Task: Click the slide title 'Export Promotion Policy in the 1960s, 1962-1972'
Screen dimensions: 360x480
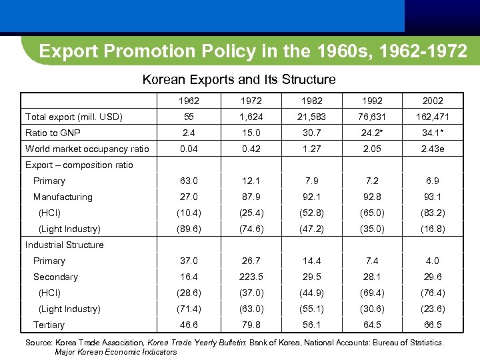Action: pos(253,51)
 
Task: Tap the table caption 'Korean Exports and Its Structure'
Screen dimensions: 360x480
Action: pos(239,80)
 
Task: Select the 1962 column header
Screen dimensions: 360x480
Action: pos(191,101)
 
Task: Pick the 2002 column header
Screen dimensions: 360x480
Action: pos(433,101)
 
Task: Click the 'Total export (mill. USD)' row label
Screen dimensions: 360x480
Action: pos(73,117)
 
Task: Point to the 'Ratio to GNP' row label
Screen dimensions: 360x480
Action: pos(53,133)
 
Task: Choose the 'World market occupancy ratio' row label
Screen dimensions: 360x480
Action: pos(87,149)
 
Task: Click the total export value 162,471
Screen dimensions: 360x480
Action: pos(433,117)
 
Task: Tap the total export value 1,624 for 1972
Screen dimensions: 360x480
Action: pos(251,117)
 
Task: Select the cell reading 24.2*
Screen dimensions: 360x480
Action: pos(372,133)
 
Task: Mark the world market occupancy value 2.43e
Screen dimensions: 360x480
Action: pos(433,149)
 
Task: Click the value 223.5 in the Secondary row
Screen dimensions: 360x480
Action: pos(251,277)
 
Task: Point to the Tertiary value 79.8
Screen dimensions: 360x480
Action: pos(251,325)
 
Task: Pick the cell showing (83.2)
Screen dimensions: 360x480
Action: pos(433,213)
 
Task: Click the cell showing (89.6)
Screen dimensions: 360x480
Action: pos(191,229)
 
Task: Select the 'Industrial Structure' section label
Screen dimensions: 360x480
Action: pos(65,245)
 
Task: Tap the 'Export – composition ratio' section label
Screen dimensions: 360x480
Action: pos(79,165)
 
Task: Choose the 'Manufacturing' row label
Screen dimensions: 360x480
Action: pos(63,197)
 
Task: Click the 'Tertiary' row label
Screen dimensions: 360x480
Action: pos(49,325)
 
